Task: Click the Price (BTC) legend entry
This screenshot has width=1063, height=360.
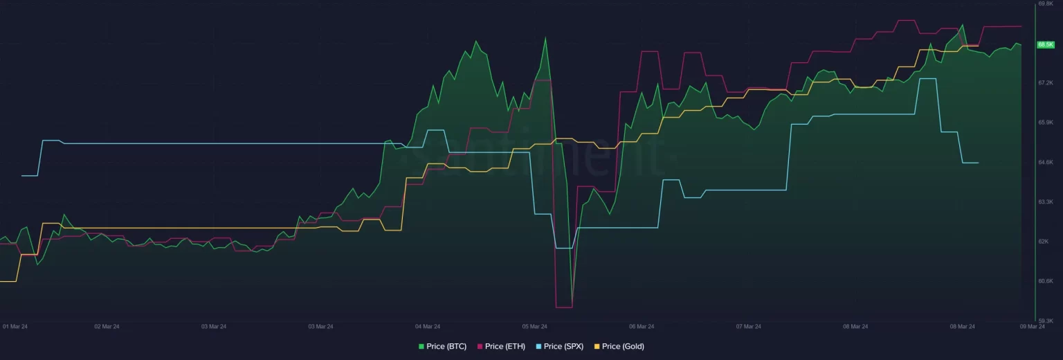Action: [x=443, y=346]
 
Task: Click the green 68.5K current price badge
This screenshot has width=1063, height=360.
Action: [x=1045, y=44]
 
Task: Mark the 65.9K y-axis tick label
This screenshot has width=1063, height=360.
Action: [x=1045, y=123]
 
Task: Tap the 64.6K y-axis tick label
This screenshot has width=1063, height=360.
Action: [x=1045, y=162]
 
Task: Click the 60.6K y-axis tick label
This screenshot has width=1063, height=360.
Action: [x=1045, y=281]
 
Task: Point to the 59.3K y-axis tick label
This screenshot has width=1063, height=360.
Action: [x=1045, y=321]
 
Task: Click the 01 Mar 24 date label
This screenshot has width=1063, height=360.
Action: [x=15, y=326]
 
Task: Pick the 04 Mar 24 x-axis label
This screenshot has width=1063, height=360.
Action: [x=428, y=326]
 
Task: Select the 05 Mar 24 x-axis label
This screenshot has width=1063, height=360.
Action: [x=534, y=326]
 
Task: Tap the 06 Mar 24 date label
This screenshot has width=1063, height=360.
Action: [x=642, y=326]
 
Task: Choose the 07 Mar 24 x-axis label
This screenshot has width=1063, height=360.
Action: [x=748, y=326]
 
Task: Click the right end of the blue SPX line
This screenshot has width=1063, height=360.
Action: [x=978, y=163]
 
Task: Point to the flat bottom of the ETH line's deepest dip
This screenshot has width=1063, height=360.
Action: [x=563, y=307]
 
